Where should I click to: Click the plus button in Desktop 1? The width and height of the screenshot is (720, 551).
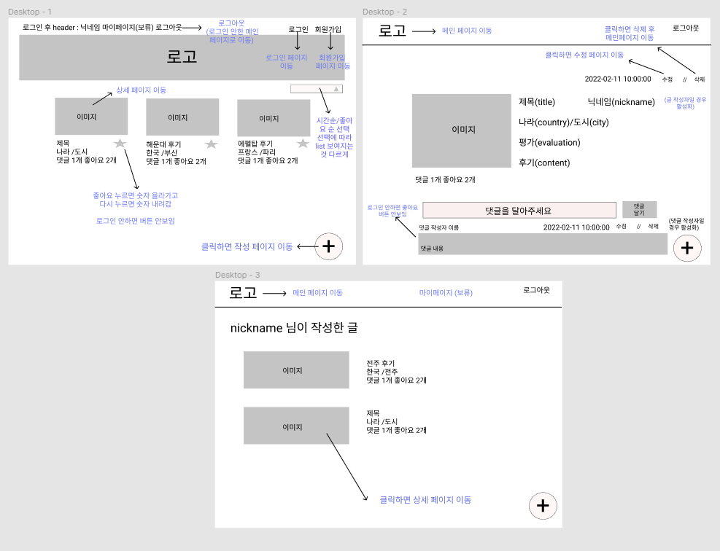(328, 246)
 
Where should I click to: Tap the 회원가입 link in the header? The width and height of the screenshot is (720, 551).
(328, 29)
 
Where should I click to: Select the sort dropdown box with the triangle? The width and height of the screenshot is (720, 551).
(315, 89)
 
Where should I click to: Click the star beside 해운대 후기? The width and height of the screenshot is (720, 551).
(212, 144)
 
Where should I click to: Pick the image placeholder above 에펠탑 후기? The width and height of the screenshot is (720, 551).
(274, 118)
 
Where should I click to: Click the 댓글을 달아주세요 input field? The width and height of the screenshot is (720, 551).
(519, 210)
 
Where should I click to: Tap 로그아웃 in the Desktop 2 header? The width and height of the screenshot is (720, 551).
(685, 28)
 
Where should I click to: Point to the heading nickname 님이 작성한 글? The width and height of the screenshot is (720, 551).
(294, 328)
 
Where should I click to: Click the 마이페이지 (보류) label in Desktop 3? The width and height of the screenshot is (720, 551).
(446, 292)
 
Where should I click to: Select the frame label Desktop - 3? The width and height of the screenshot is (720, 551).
(238, 275)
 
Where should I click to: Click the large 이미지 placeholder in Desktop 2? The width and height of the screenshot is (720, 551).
(463, 130)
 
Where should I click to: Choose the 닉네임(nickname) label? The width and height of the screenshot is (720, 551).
(621, 102)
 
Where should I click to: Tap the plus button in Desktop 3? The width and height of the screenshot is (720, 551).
(541, 506)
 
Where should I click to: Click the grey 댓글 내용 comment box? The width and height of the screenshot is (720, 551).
(543, 244)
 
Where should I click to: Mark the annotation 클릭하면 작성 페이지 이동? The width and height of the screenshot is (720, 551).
(247, 246)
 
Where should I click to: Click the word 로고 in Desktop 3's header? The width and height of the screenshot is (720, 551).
(243, 293)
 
